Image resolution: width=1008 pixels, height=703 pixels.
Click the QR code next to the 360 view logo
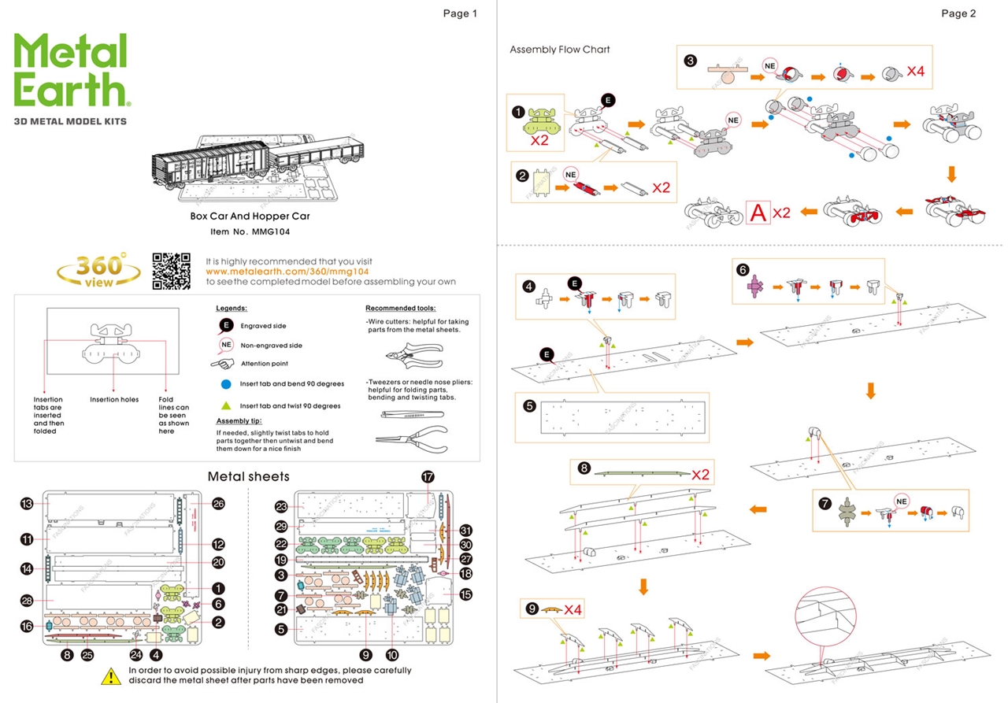coord(171,271)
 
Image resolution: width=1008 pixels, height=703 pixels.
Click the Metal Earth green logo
coord(70,71)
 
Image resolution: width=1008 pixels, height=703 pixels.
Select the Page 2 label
coord(958,13)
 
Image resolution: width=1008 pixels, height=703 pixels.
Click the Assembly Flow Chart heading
coord(559,50)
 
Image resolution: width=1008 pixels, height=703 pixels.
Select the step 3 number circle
coord(691,61)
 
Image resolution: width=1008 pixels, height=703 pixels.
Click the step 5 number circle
coord(529,406)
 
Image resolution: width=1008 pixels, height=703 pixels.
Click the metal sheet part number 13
coord(26,504)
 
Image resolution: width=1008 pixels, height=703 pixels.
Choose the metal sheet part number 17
coord(428,476)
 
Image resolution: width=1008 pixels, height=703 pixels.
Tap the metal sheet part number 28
coord(26,601)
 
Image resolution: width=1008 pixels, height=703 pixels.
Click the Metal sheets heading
coord(248,476)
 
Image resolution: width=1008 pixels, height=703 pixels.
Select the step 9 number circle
coord(532,609)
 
